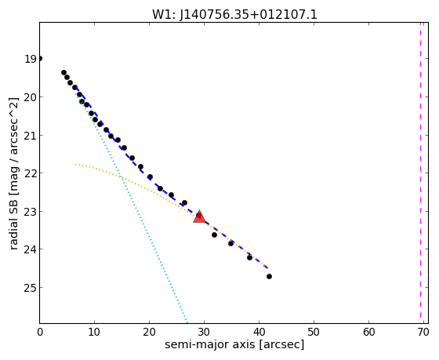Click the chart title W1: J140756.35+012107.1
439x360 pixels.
pyautogui.click(x=234, y=14)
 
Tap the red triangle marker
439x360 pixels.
pyautogui.click(x=199, y=216)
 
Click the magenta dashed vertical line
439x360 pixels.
pyautogui.click(x=420, y=170)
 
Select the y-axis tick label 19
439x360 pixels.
pyautogui.click(x=31, y=59)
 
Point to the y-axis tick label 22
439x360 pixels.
pyautogui.click(x=31, y=173)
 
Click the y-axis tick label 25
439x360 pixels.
pyautogui.click(x=31, y=287)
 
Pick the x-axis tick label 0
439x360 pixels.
pyautogui.click(x=40, y=333)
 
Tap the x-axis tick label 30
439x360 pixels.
pyautogui.click(x=204, y=333)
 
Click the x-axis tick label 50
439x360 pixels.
pyautogui.click(x=314, y=333)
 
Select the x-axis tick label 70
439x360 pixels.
pyautogui.click(x=423, y=333)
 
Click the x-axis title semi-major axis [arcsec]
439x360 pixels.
pyautogui.click(x=234, y=344)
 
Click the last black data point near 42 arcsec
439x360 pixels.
pyautogui.click(x=269, y=277)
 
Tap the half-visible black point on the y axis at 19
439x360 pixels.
pyautogui.click(x=40, y=59)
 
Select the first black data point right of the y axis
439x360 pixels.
pyautogui.click(x=63, y=73)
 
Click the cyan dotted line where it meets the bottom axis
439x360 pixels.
pyautogui.click(x=187, y=322)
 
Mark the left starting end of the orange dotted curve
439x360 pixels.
pyautogui.click(x=75, y=165)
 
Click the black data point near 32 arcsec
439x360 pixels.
pyautogui.click(x=214, y=235)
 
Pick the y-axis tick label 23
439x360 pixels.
pyautogui.click(x=31, y=211)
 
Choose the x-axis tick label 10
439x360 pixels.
pyautogui.click(x=94, y=333)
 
